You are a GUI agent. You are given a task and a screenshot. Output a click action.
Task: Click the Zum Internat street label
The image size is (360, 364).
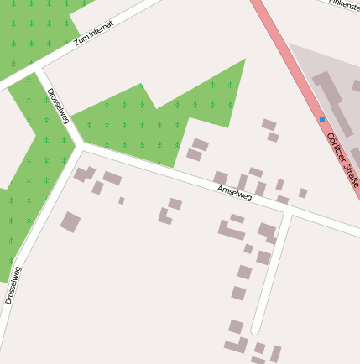pos(93,34)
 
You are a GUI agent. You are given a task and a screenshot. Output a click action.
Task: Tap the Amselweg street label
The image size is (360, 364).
pos(234,193)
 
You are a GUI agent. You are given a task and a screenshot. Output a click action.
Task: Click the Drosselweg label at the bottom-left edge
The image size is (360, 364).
pos(12,285)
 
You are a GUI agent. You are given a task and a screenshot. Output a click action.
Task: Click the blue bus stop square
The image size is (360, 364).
pos(322,120)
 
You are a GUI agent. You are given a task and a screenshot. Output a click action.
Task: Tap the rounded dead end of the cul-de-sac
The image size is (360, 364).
pos(255,330)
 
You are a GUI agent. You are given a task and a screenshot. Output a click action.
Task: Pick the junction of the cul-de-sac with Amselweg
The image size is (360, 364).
pos(288,212)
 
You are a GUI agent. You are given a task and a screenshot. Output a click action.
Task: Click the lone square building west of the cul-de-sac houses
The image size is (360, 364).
pos(70,222)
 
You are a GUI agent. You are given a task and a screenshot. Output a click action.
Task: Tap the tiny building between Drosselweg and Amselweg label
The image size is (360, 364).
pos(122,200)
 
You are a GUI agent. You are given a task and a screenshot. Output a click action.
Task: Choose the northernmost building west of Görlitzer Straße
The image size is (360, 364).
pos(269,125)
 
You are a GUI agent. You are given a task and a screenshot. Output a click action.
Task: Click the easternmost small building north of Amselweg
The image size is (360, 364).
pos(302,193)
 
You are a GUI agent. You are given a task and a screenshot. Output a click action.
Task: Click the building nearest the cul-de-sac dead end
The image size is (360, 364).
pos(236,326)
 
